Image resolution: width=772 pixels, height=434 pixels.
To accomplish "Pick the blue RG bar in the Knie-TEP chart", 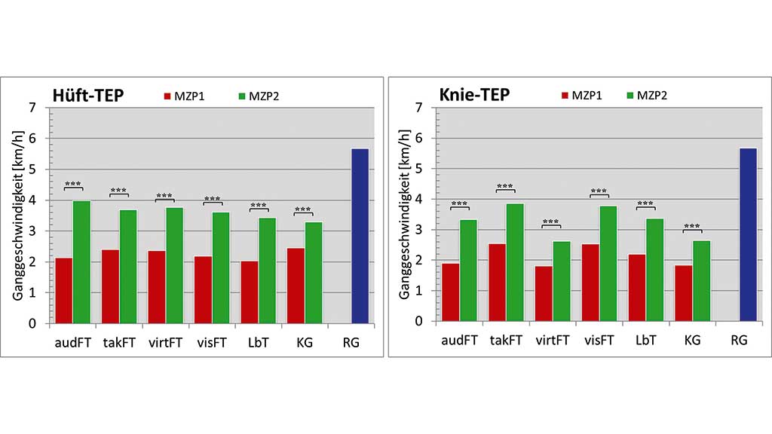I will click(747, 234).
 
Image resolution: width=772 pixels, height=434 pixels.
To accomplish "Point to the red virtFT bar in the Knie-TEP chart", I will click(544, 293).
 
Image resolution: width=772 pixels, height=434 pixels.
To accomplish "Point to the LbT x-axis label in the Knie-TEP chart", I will click(646, 341).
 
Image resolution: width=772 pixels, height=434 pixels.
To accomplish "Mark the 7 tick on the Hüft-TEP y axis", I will click(31, 108).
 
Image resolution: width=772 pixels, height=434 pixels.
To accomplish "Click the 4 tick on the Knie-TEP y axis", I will click(418, 199).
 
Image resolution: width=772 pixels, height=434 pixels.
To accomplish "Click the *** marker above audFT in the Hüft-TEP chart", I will click(73, 184).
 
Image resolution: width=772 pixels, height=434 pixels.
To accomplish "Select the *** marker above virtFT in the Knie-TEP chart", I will click(551, 222).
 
